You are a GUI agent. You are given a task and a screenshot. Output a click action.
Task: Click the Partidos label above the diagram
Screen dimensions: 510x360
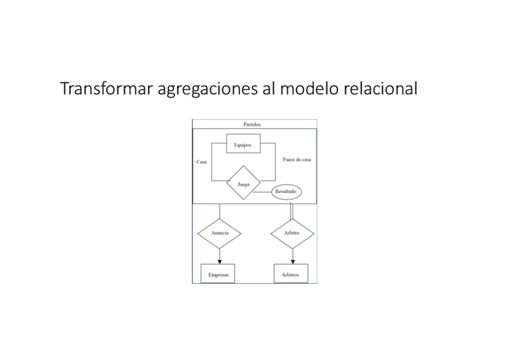[252, 124]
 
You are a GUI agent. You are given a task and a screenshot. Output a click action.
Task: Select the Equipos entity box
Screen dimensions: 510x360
[243, 144]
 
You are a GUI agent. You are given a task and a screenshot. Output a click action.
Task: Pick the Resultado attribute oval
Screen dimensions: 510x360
[286, 191]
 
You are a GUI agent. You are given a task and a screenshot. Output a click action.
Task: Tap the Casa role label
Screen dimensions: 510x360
[201, 162]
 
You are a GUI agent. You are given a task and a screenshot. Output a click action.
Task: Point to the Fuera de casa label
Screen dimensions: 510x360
[296, 160]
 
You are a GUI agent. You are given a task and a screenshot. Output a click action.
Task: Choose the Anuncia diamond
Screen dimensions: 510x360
[219, 233]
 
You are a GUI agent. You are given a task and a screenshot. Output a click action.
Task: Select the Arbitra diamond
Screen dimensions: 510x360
[292, 233]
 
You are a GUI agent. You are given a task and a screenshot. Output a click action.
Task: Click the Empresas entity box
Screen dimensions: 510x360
[218, 274]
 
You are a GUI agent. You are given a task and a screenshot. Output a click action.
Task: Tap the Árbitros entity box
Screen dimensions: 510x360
[290, 274]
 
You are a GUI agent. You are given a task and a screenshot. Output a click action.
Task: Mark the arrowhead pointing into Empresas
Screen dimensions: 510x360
[219, 261]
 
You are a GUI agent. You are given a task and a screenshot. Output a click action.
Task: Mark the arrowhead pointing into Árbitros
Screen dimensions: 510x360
[292, 261]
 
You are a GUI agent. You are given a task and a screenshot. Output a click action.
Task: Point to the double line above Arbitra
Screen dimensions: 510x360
[292, 212]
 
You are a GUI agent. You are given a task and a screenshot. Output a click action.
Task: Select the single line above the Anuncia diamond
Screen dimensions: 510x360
[219, 212]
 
